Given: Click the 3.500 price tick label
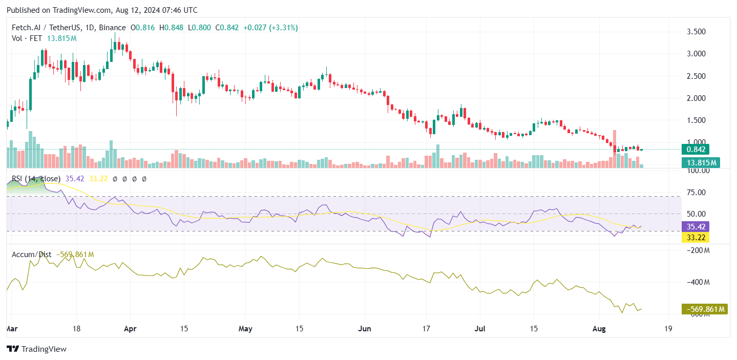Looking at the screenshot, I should (696, 32).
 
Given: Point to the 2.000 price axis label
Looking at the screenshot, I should (696, 98).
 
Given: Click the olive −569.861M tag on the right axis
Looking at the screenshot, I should (704, 309).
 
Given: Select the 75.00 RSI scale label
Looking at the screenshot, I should (696, 193).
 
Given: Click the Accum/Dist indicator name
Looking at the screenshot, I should (30, 255).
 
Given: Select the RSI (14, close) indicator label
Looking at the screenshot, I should (36, 179).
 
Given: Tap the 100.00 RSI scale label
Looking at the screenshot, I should (697, 170).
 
